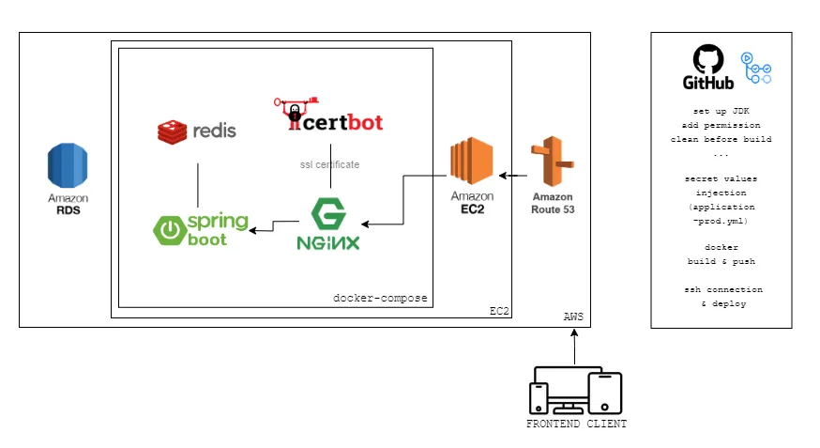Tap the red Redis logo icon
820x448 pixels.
(x=172, y=131)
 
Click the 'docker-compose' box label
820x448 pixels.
(x=380, y=298)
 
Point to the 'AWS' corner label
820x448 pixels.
(x=572, y=317)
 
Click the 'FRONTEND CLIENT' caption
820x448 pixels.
(x=576, y=424)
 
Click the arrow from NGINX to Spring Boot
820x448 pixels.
(x=274, y=224)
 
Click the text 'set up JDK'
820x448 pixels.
(x=721, y=111)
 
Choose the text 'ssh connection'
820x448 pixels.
(x=721, y=289)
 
